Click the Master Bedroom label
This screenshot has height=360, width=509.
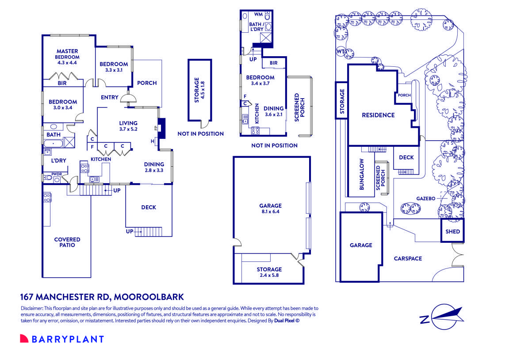[67, 51]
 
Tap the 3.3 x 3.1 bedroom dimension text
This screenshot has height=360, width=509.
[114, 70]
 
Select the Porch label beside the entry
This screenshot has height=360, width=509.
[147, 83]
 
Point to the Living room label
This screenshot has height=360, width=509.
[128, 123]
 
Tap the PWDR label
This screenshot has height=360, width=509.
[56, 174]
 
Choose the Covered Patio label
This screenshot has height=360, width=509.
[67, 242]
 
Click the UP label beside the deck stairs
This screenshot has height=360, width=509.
[130, 231]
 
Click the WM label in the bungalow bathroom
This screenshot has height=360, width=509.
[258, 15]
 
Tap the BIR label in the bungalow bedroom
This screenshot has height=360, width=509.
[273, 63]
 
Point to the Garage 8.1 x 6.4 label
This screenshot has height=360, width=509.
[270, 209]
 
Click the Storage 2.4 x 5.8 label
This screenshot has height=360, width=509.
[269, 272]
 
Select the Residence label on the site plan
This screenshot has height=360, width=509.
[378, 115]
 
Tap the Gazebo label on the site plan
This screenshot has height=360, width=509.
[426, 199]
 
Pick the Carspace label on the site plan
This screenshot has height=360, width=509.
[408, 259]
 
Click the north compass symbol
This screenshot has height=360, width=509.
[440, 317]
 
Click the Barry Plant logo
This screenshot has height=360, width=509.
[62, 339]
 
